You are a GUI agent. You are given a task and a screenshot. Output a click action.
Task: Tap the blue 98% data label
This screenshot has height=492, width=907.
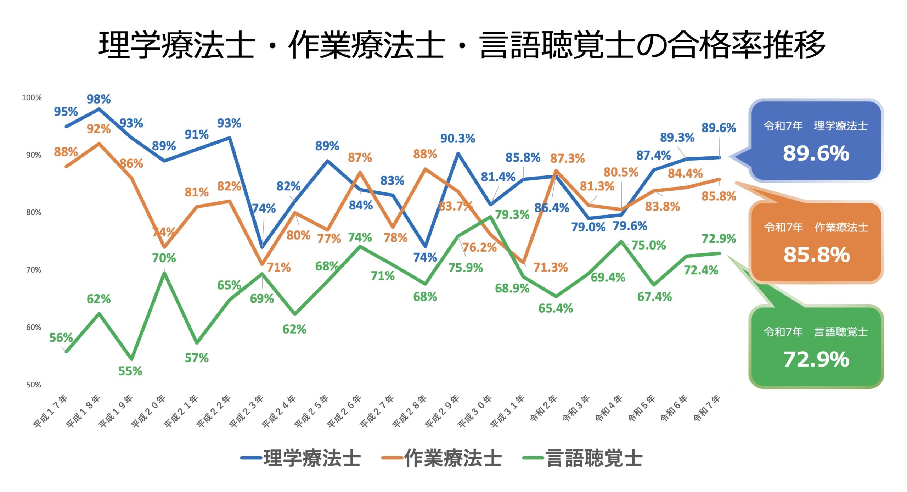[x=98, y=99]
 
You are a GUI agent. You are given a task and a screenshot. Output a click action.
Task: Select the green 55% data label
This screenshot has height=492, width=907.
[x=130, y=371]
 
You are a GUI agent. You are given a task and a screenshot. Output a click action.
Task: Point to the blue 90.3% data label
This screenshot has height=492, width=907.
[x=457, y=139]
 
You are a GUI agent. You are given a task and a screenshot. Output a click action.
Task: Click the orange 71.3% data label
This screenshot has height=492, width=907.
[x=550, y=267]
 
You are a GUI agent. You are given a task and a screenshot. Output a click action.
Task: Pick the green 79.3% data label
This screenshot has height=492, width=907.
[x=512, y=214]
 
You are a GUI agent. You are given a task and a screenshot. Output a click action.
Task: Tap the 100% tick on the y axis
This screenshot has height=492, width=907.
[x=32, y=97]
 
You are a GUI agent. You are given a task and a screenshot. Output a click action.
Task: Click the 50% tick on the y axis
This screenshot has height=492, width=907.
[x=34, y=385]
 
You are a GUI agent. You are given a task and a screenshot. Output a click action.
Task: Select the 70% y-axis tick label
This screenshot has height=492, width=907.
[x=34, y=270]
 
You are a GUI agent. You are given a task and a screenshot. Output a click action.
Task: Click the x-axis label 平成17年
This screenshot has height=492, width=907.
[x=50, y=411]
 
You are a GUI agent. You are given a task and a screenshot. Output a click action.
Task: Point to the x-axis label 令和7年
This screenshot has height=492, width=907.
[x=707, y=408]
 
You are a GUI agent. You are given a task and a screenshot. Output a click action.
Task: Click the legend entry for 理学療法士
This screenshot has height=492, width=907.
[x=301, y=458]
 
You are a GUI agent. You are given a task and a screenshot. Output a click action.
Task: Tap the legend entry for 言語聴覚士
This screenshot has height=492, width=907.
[x=583, y=458]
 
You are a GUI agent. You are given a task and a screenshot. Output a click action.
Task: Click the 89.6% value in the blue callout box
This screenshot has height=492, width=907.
[x=816, y=153]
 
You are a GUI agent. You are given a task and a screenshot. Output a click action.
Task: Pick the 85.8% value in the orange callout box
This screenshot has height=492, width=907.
[x=816, y=255]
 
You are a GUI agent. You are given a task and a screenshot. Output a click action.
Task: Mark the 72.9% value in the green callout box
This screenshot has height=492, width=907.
[x=816, y=359]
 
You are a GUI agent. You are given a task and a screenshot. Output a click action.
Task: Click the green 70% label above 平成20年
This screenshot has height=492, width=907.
[x=164, y=258]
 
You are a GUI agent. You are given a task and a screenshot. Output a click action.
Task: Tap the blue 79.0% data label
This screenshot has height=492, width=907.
[x=588, y=227]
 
